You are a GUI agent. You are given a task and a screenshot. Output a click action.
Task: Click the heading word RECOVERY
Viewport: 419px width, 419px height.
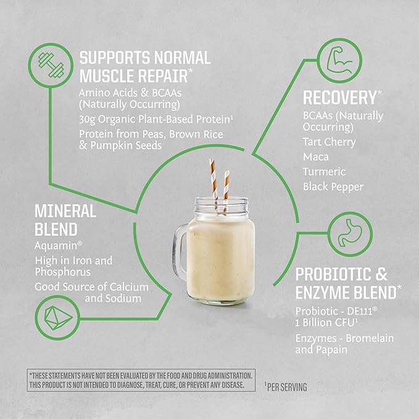339,97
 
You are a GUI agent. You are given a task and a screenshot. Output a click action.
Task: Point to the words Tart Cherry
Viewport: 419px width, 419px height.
329,142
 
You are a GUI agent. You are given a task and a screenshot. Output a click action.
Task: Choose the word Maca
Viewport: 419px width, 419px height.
315,157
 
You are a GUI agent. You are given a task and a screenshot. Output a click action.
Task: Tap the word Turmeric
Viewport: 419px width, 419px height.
325,172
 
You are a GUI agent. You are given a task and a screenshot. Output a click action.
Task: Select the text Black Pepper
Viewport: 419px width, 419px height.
334,186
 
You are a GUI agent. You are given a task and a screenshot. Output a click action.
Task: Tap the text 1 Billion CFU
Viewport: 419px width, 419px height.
325,321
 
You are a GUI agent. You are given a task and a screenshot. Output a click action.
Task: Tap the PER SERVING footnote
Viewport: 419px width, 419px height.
286,388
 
